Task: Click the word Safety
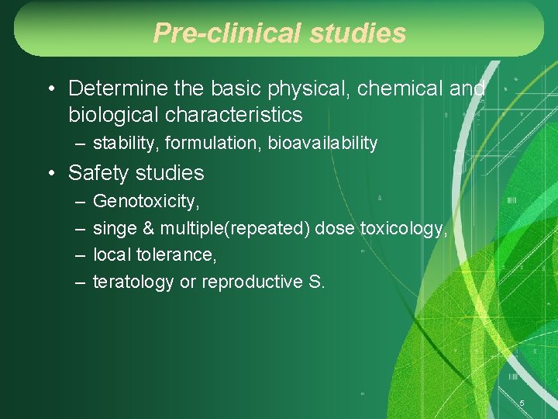tap(97, 172)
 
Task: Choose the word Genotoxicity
tap(146, 202)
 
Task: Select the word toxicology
tap(403, 228)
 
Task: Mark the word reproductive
tap(252, 282)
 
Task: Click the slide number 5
tap(522, 403)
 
